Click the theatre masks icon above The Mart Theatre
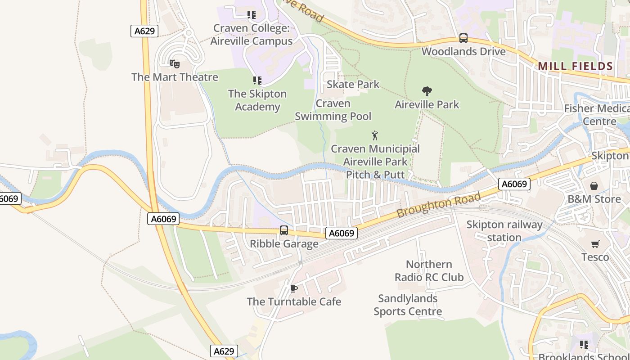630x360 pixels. pyautogui.click(x=175, y=64)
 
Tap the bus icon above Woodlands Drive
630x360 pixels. pyautogui.click(x=463, y=38)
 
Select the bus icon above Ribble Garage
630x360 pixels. pyautogui.click(x=284, y=230)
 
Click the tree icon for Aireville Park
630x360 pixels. pyautogui.click(x=427, y=91)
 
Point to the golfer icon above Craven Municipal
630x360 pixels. pyautogui.click(x=375, y=135)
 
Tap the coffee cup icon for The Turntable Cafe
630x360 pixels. pyautogui.click(x=294, y=288)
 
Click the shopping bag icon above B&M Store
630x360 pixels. pyautogui.click(x=594, y=186)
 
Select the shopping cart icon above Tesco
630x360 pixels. pyautogui.click(x=595, y=244)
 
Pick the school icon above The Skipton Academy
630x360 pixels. pyautogui.click(x=257, y=81)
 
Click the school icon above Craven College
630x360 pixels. pyautogui.click(x=252, y=15)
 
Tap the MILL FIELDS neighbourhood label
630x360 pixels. pyautogui.click(x=576, y=66)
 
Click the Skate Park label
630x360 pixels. pyautogui.click(x=353, y=84)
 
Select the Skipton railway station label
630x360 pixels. pyautogui.click(x=504, y=231)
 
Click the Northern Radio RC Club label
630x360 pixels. pyautogui.click(x=429, y=270)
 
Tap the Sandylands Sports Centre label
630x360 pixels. pyautogui.click(x=408, y=305)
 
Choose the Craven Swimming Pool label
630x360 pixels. pyautogui.click(x=333, y=110)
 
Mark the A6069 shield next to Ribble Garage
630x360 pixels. pyautogui.click(x=342, y=233)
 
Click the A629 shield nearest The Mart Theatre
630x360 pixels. pyautogui.click(x=144, y=31)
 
